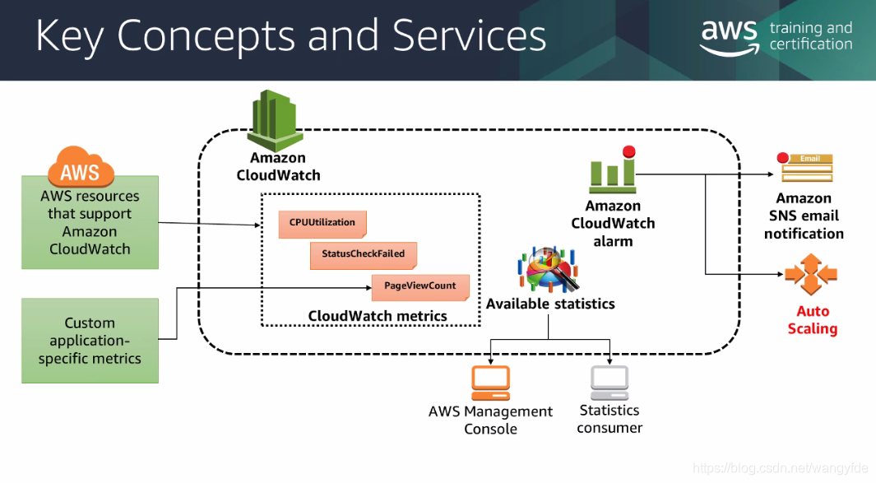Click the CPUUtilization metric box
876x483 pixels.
322,224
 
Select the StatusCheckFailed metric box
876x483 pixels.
363,255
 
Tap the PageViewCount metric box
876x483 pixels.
420,287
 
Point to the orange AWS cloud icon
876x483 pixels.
81,166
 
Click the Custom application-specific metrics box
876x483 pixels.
90,341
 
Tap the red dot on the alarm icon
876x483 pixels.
629,151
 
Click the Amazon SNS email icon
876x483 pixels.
806,166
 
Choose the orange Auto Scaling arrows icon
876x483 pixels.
811,274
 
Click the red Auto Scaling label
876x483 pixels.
813,320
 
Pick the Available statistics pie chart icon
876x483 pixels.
549,269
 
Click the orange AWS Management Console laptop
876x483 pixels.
490,383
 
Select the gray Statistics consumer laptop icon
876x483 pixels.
609,383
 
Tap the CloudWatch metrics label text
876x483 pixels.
378,316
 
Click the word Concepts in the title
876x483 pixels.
205,36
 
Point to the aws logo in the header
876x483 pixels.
730,37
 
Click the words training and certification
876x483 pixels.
811,35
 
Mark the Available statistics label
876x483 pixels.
550,304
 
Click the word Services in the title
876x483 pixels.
470,36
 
